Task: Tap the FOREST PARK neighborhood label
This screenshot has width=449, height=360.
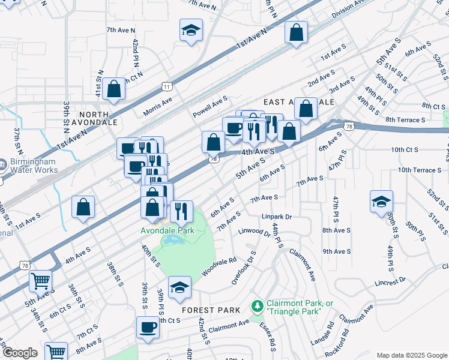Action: tap(212, 310)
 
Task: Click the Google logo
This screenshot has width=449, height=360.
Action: tap(20, 353)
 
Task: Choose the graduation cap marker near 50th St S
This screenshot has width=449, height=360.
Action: tap(381, 202)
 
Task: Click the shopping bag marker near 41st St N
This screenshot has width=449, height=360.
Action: tap(113, 89)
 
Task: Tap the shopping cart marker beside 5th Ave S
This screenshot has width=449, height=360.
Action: tap(40, 280)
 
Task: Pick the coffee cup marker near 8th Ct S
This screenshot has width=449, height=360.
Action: tap(148, 328)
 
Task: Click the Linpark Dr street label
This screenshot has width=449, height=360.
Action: tap(276, 217)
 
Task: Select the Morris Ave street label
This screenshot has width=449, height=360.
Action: tap(157, 107)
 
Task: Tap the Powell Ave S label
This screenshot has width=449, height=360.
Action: tap(210, 107)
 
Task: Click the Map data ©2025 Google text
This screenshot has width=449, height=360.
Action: tap(411, 355)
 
